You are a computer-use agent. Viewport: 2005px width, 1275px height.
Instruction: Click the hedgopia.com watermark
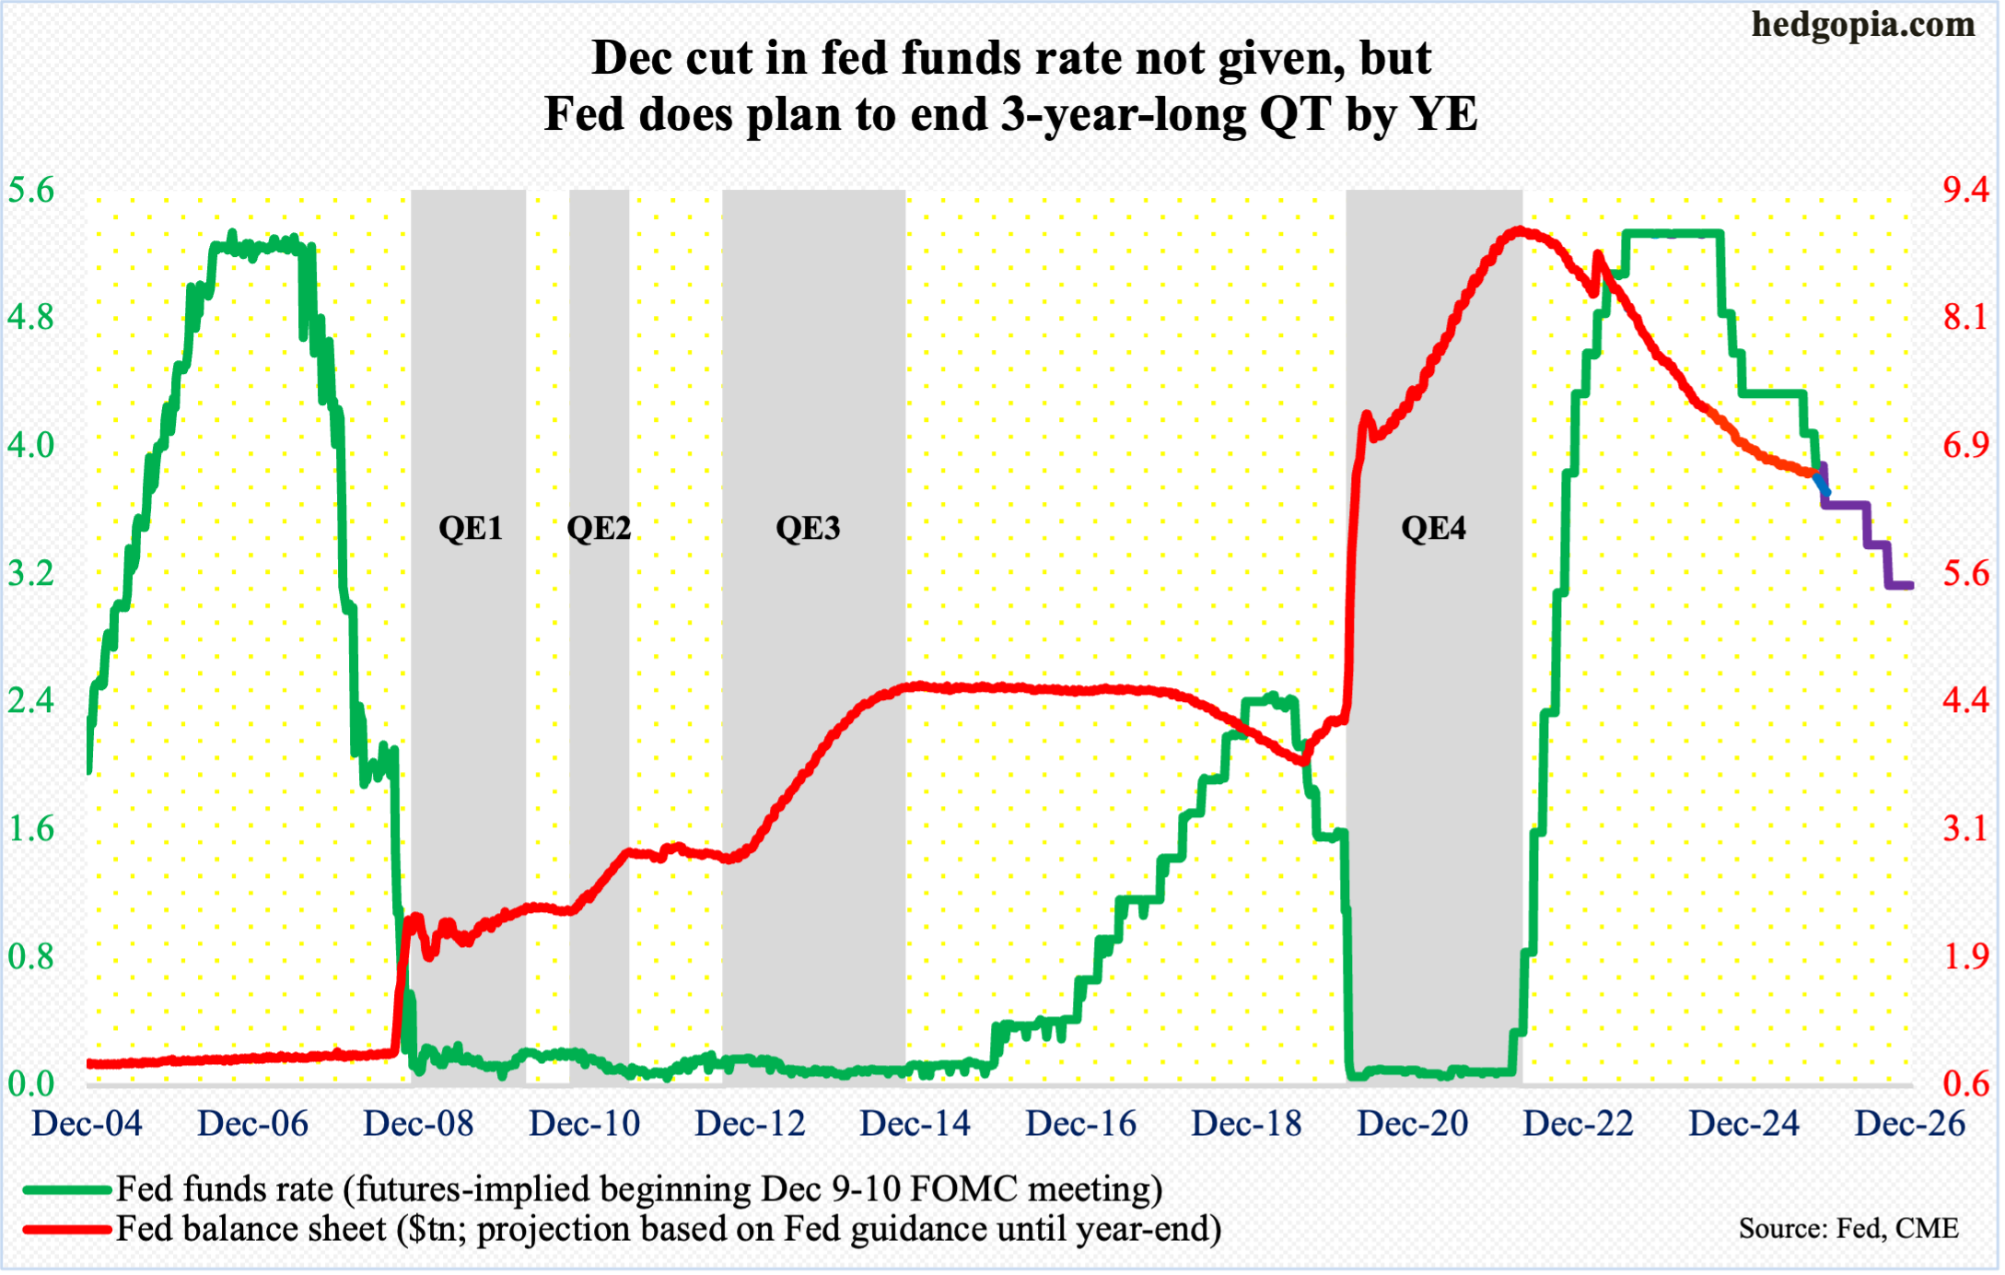point(1862,25)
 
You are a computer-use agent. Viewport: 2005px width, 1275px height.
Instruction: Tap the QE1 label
point(471,528)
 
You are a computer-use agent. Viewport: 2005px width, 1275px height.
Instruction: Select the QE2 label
point(599,528)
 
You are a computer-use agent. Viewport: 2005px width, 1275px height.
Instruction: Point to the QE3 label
point(808,528)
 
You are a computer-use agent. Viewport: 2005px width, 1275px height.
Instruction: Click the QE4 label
point(1433,528)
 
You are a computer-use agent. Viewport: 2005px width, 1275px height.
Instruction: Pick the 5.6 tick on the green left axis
point(31,191)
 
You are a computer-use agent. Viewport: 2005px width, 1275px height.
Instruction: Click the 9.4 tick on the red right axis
point(1965,191)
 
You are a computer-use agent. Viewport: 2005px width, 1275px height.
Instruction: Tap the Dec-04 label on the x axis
point(87,1124)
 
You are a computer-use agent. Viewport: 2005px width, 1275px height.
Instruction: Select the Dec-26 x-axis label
point(1909,1124)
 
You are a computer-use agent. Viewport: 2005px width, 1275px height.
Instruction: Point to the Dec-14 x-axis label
point(915,1124)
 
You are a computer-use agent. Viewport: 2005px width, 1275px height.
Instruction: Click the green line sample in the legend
point(66,1189)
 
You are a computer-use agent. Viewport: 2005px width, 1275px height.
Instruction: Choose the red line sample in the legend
point(66,1229)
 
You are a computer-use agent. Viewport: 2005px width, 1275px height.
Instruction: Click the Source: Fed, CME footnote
point(1848,1229)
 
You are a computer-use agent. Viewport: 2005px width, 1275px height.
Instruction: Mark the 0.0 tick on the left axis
point(31,1083)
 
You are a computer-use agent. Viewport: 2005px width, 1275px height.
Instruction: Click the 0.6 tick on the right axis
point(1965,1083)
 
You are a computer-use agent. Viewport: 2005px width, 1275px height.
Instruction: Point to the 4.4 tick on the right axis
point(1965,701)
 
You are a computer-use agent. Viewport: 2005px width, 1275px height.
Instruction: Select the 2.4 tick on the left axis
point(31,701)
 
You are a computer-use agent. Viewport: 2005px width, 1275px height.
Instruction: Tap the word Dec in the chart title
point(634,58)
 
